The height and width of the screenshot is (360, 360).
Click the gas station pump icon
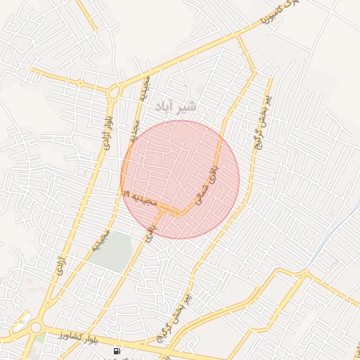click(x=117, y=350)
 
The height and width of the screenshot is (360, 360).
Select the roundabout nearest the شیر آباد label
click(x=114, y=91)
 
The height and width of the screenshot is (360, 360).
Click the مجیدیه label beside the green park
click(x=103, y=240)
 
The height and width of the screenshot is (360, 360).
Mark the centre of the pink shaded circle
click(x=180, y=179)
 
